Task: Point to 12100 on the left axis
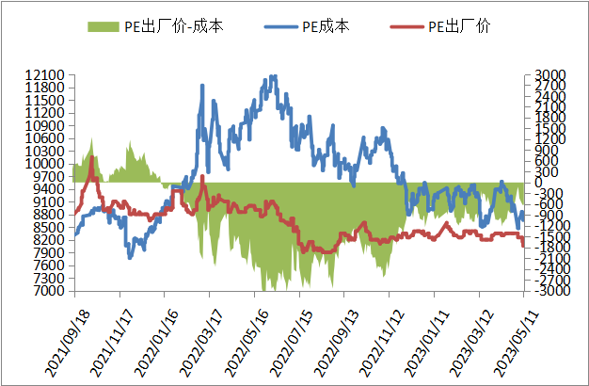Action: (x=44, y=74)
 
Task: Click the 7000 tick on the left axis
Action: (x=48, y=292)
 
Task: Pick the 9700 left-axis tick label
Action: (x=48, y=177)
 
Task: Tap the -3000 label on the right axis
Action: (x=549, y=292)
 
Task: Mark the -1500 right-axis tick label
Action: (x=549, y=237)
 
